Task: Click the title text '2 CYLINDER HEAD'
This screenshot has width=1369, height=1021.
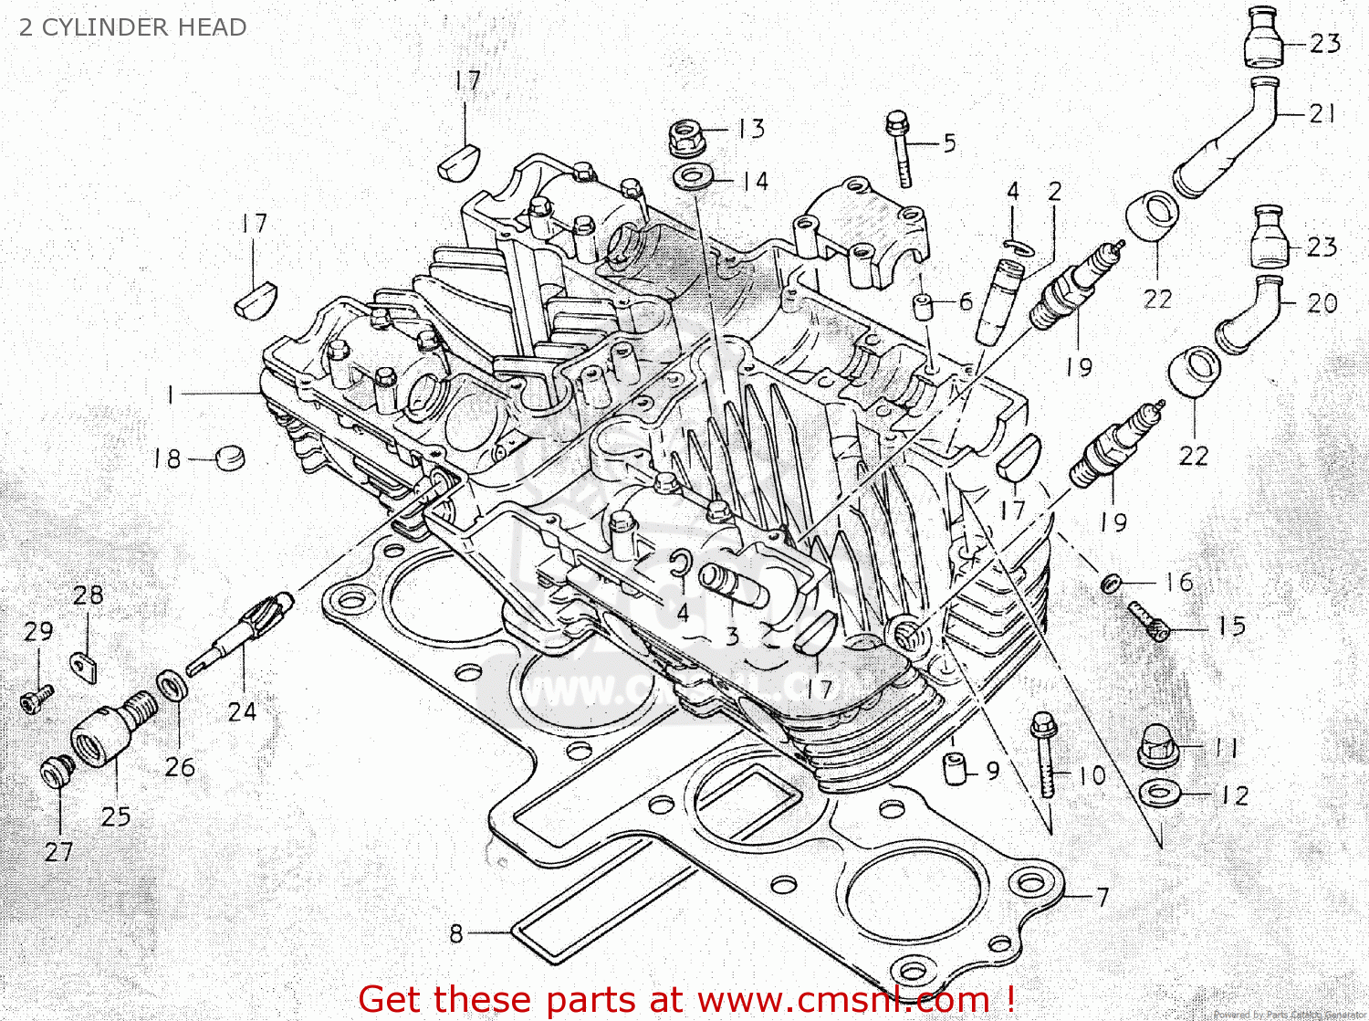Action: [133, 27]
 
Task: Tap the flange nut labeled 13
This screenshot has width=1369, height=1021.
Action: [684, 136]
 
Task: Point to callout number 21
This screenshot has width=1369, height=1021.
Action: [1322, 114]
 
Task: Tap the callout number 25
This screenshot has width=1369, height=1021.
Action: [116, 816]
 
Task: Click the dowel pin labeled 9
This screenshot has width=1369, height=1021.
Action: [955, 768]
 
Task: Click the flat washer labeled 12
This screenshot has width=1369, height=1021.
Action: [1159, 792]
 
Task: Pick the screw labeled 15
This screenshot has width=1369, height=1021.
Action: [1148, 621]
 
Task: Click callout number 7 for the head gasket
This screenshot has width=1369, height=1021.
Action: [1103, 897]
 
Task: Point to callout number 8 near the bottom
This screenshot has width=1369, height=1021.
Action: [456, 933]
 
